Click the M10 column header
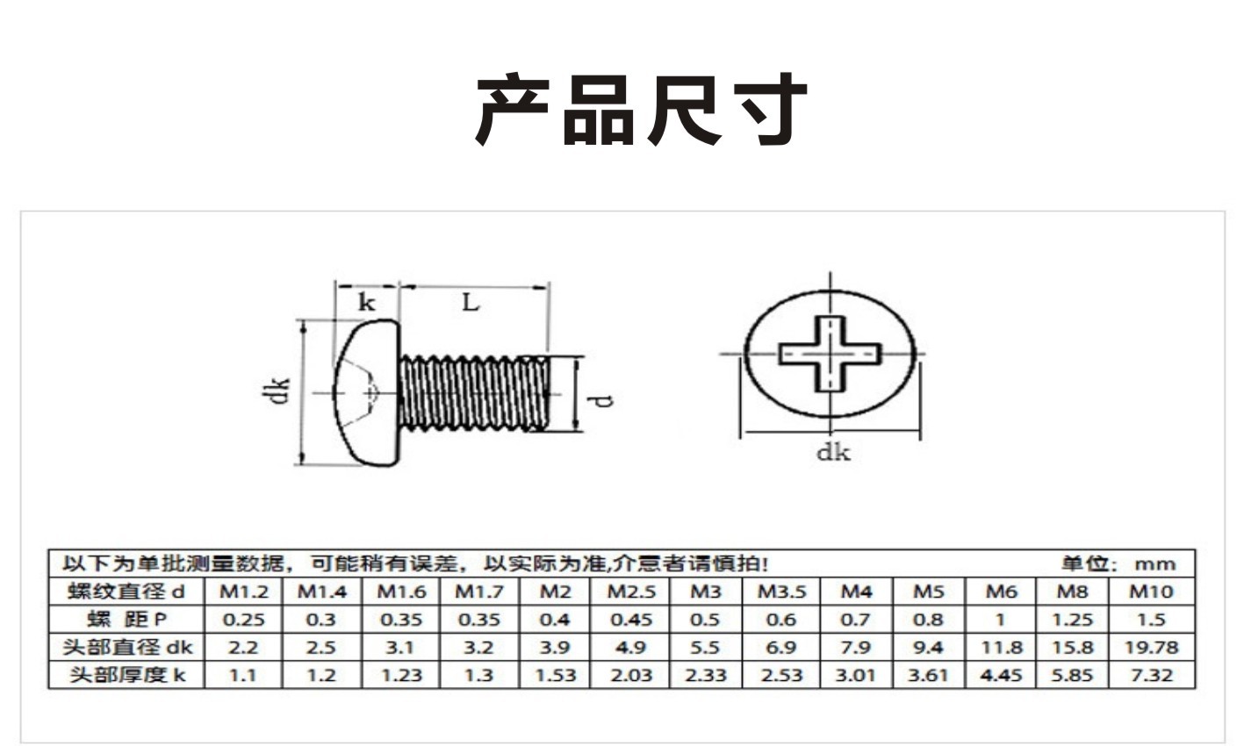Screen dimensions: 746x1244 tap(1150, 592)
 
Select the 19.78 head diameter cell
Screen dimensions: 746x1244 tap(1150, 648)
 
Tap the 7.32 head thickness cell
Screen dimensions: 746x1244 tap(1150, 675)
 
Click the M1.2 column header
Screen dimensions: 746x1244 tap(243, 592)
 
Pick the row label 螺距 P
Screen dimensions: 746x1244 tap(126, 620)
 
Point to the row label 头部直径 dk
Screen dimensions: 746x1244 tap(126, 648)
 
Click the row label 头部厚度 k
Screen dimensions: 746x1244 tap(126, 675)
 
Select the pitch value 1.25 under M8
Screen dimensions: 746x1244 tap(1072, 620)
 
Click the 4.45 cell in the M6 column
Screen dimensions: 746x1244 tap(1001, 675)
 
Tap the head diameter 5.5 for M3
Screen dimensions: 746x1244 tap(704, 648)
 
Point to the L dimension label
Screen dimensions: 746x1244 tap(471, 303)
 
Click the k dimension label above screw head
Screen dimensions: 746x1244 tap(366, 304)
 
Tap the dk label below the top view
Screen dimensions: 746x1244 tap(833, 453)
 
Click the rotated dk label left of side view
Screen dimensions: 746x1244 tap(279, 391)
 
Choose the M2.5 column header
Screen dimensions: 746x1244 tap(631, 592)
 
